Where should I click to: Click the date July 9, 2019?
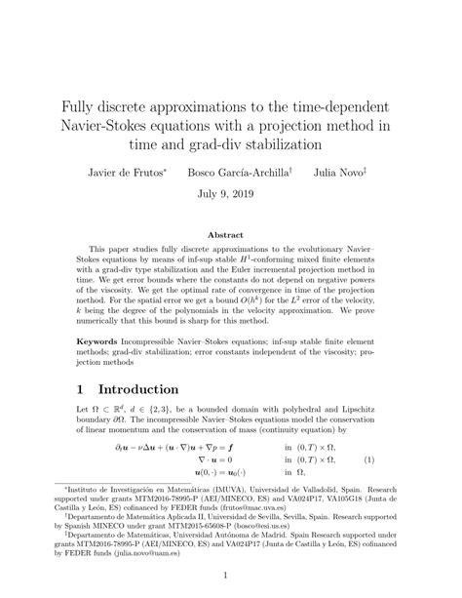231,193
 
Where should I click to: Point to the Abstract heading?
231,235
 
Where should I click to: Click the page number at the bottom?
231,576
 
